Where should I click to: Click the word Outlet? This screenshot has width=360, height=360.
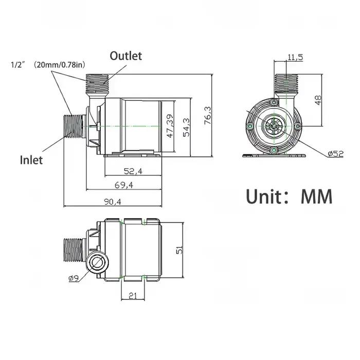pos(126,56)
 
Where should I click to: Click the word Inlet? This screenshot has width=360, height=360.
pos(31,160)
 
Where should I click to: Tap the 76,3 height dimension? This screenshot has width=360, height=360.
pos(208,116)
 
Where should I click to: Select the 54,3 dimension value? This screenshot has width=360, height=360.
pos(186,128)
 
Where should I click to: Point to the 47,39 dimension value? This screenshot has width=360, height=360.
pos(170,127)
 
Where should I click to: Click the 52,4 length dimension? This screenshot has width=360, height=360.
pos(133,171)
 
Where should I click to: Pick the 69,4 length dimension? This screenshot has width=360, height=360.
pos(124,185)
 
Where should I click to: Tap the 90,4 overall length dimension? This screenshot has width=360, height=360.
pos(113,202)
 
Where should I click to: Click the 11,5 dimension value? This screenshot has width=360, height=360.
pos(295,57)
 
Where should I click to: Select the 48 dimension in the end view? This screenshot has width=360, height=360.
pos(318,100)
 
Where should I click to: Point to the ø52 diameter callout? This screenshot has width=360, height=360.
pos(336,154)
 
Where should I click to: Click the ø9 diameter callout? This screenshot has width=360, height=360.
pos(74,279)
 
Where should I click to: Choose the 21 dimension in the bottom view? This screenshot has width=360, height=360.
pos(133,296)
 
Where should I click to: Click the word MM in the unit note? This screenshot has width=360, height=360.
pos(316,197)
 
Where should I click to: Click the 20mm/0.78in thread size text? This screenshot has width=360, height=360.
pos(60,65)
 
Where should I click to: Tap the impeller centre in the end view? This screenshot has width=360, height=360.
pos(274,126)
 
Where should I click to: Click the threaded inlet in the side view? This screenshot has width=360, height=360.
pos(73,126)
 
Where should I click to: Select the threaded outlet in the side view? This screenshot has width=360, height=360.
pos(97,82)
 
